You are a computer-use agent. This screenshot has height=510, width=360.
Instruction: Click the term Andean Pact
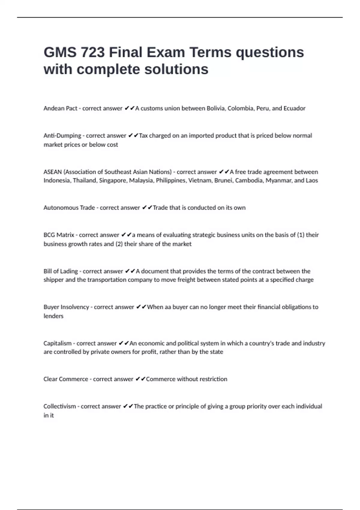click(60, 108)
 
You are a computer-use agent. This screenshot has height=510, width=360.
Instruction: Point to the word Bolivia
click(216, 108)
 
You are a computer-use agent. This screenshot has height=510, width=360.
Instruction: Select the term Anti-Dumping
click(62, 136)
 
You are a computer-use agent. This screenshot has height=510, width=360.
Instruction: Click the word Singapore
click(113, 180)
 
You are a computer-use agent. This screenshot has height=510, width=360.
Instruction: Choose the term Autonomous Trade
click(69, 208)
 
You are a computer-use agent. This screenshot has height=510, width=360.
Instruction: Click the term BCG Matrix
click(59, 235)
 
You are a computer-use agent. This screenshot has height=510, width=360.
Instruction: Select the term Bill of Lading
click(61, 271)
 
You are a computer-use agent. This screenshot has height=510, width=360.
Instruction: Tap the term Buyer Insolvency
click(66, 307)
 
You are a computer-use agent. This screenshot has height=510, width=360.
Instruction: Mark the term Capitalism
click(58, 343)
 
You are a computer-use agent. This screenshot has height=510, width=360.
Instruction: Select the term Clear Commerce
click(66, 379)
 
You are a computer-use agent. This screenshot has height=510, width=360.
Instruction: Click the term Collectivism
click(60, 406)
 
